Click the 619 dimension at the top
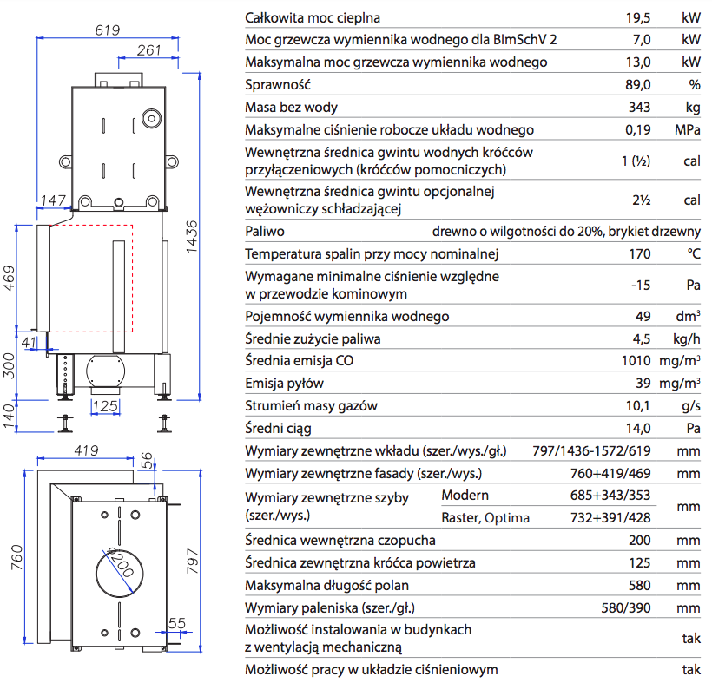click(x=106, y=30)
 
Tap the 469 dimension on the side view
click(x=11, y=278)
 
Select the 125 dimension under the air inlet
click(x=105, y=405)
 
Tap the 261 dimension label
click(x=149, y=50)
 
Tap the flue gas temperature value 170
click(x=640, y=254)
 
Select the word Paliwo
click(x=265, y=232)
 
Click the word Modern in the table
click(x=465, y=496)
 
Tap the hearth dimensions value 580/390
click(x=625, y=608)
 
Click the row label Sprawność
click(x=278, y=85)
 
